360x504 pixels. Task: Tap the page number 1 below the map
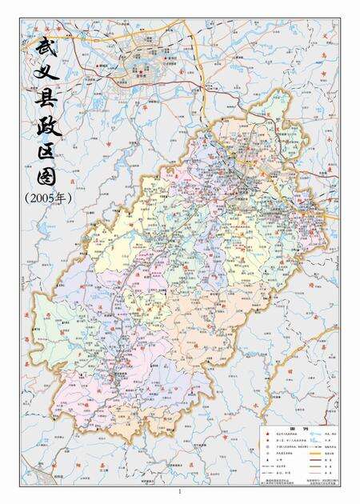click(181, 492)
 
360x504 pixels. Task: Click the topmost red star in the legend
click(262, 433)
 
